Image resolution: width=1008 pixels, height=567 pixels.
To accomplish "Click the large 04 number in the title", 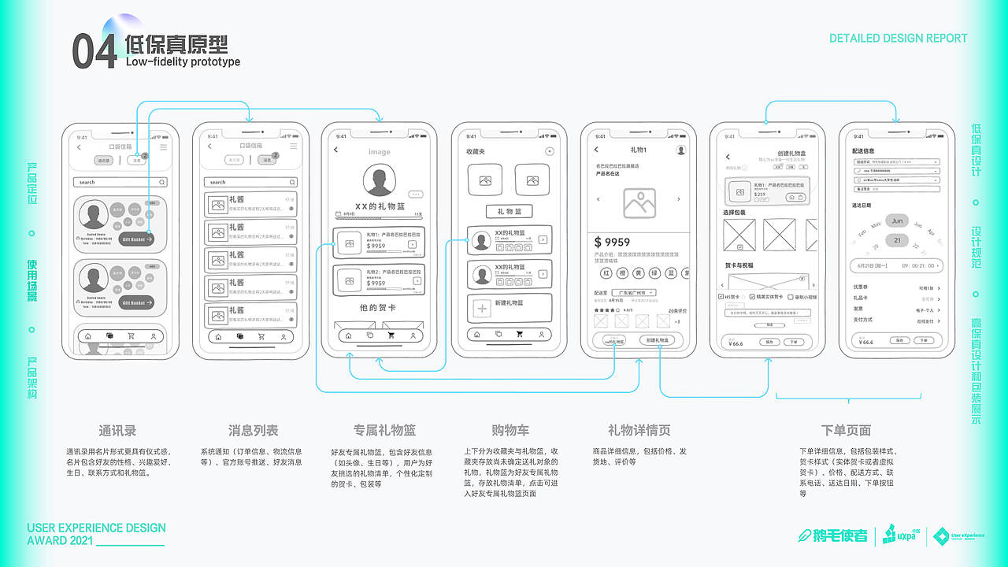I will click(94, 52).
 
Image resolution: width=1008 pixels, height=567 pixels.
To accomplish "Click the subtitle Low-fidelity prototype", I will click(183, 62).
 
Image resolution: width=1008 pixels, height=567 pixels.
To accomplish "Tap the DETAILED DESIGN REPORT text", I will click(898, 38).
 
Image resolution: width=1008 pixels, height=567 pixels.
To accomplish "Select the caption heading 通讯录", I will click(117, 431).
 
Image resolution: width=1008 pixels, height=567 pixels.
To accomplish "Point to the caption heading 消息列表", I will click(253, 431).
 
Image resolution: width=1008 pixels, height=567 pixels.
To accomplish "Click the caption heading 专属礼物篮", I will click(384, 431).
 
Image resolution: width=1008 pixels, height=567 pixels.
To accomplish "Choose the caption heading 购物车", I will click(510, 431).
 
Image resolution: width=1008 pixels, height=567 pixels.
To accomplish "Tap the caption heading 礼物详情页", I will click(639, 431).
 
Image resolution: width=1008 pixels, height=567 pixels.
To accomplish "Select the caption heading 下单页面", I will click(846, 431).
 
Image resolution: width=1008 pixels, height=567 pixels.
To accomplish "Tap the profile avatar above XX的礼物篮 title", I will click(380, 180).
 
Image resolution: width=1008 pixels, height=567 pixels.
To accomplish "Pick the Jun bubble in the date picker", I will click(897, 221).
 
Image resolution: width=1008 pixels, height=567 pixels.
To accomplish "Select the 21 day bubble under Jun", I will click(897, 240).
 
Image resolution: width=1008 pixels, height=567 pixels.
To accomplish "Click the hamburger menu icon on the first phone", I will click(163, 147).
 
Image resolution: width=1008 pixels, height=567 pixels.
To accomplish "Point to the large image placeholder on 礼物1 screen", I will click(639, 202).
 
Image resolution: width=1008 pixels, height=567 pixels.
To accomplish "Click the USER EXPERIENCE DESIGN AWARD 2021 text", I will click(96, 534).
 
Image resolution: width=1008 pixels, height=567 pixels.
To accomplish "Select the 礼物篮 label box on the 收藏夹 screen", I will click(509, 211).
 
